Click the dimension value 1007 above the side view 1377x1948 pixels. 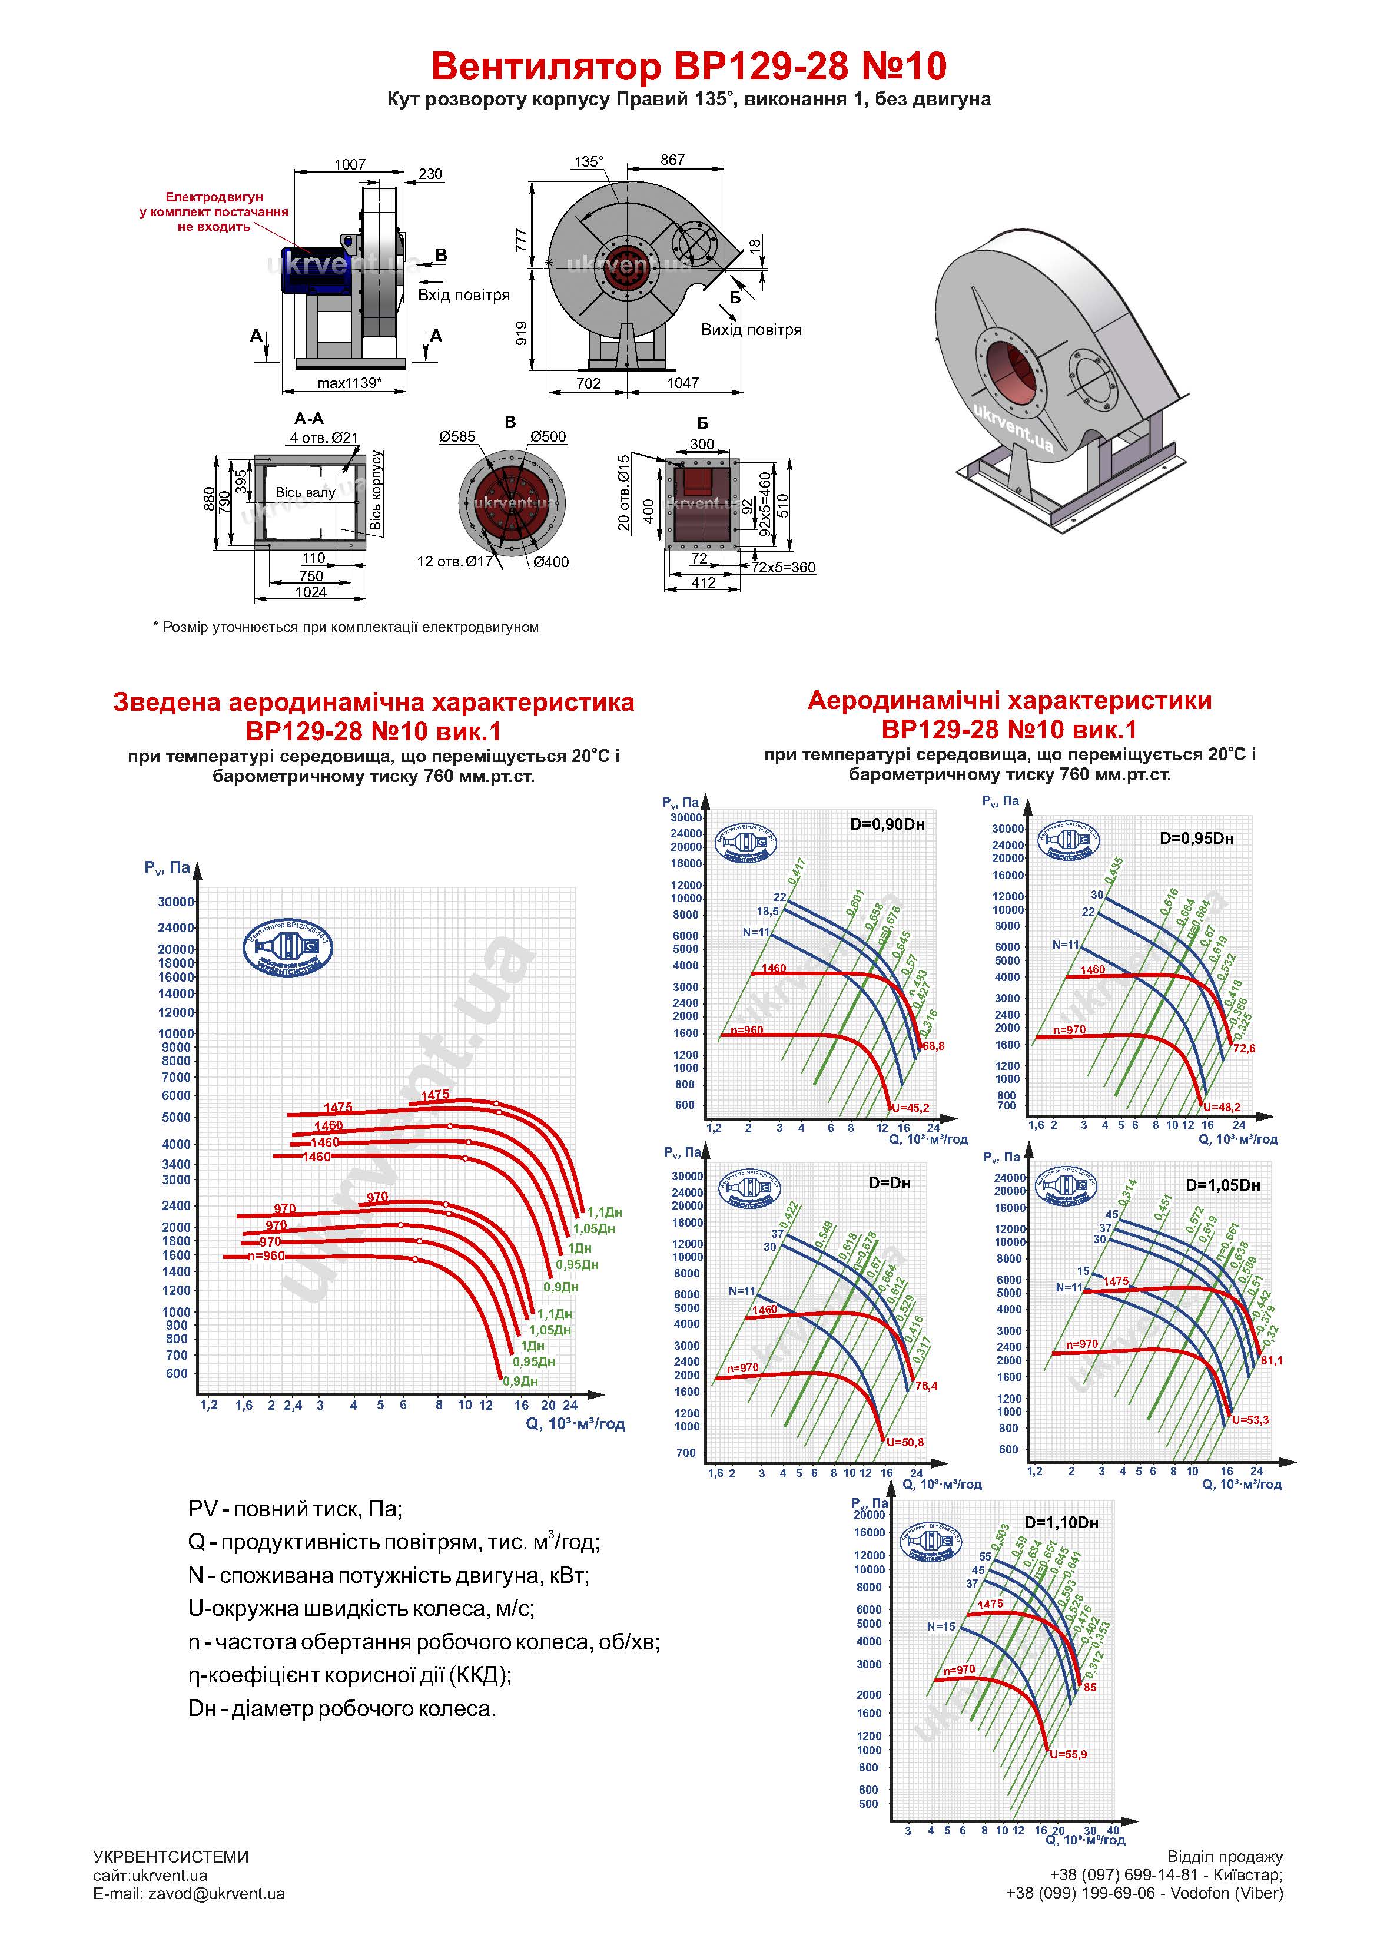point(350,165)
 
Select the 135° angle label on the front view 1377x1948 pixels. point(588,162)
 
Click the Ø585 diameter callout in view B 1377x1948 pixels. point(457,437)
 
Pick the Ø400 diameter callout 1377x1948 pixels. point(552,562)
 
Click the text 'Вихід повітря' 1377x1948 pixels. point(751,330)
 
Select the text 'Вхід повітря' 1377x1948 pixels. point(463,295)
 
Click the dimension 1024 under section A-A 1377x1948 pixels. point(310,592)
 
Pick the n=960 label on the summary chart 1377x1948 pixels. point(267,1255)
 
